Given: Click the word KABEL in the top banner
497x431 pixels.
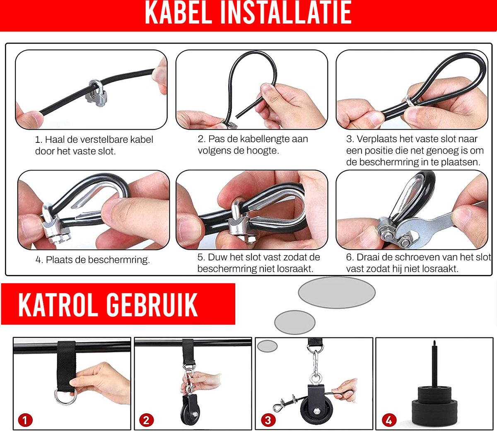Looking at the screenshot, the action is point(179,12).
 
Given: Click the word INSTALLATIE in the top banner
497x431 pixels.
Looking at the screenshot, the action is point(286,12).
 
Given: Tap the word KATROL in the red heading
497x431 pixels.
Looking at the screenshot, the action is point(58,304).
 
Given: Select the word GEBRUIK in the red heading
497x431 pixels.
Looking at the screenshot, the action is point(152,304).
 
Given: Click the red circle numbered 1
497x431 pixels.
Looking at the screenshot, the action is point(25,420).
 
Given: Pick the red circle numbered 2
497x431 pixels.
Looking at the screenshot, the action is point(146,420).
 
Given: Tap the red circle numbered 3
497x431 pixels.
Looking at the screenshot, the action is point(268,420).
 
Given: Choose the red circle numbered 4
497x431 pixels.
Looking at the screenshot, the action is point(389,420).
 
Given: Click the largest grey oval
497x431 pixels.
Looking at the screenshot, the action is point(337,292).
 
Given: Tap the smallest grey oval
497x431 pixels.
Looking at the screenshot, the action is point(267,346).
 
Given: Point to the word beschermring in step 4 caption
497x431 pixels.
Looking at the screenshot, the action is point(119,260).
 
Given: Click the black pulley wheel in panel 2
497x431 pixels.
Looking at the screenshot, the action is point(191,410).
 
